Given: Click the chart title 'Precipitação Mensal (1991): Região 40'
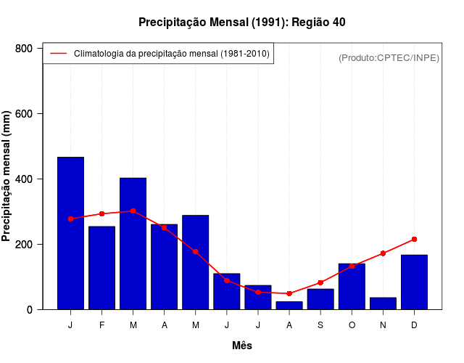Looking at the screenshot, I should (242, 23).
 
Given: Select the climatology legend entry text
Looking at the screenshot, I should (172, 54).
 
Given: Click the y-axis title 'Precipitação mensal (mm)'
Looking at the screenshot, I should (7, 176).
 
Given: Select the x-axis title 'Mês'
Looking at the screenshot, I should (242, 346).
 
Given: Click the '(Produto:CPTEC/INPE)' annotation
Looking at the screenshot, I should (389, 57).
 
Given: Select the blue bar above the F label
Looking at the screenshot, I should (101, 268).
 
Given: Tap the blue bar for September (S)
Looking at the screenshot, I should (320, 299).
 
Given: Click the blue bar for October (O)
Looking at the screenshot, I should (352, 287).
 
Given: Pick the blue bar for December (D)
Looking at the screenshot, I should (414, 282).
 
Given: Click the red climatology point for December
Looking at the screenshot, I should (414, 239).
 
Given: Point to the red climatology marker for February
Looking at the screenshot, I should (101, 213).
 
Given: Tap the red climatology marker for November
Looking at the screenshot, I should (383, 253).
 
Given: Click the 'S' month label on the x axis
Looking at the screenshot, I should (320, 325).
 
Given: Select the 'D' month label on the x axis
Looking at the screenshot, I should (414, 325).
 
